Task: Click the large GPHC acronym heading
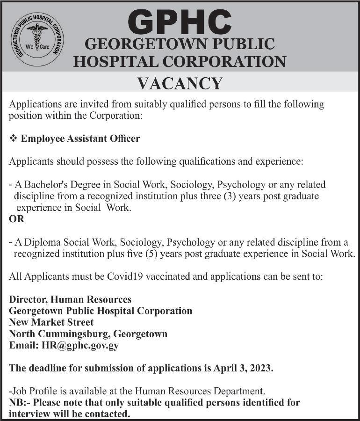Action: point(180,22)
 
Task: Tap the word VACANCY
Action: point(180,83)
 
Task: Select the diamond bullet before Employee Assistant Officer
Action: point(13,139)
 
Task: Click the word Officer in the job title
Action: point(124,139)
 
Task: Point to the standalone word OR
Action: point(16,219)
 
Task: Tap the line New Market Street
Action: point(51,322)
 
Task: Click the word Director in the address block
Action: point(28,299)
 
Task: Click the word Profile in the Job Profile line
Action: point(42,391)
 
